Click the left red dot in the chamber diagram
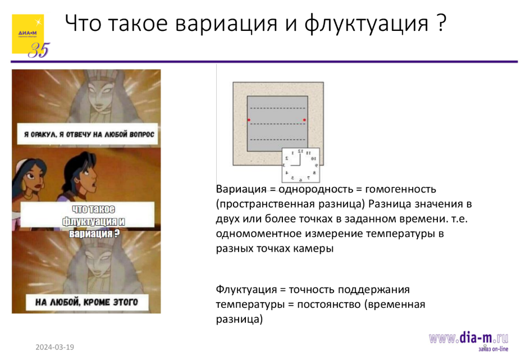coord(249,120)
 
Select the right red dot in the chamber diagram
coord(304,120)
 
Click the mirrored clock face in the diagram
coord(300,165)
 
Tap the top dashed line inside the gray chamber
coord(277,108)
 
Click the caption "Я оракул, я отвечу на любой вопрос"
coord(86,135)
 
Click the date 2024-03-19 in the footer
coord(55,347)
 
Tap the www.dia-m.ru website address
coord(468,338)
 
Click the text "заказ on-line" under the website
coord(489,349)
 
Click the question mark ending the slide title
coord(441,24)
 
